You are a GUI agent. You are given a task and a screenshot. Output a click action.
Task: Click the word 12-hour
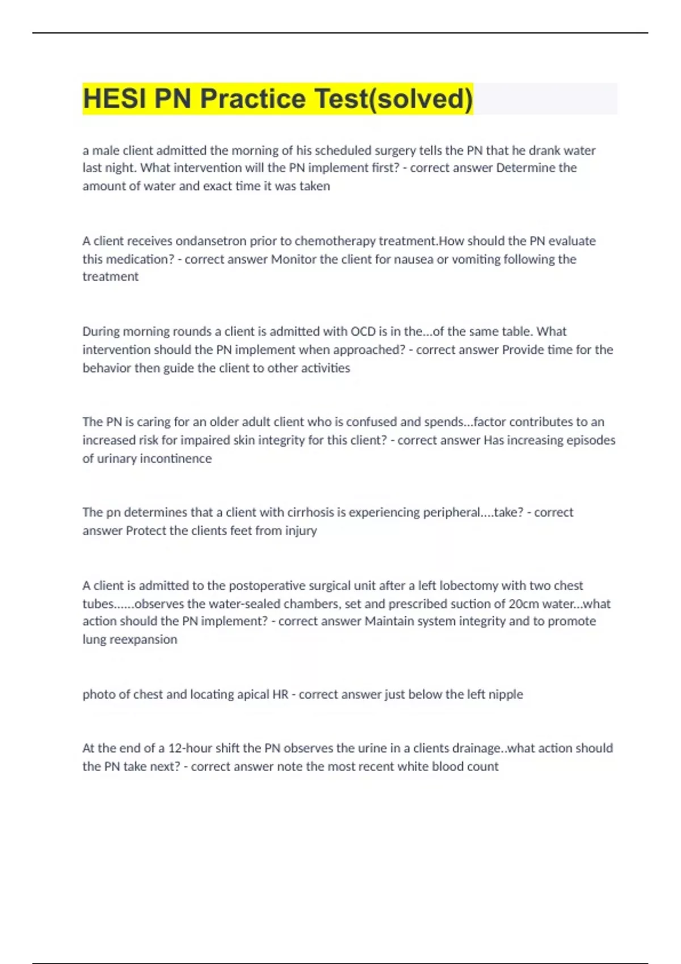pos(191,748)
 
